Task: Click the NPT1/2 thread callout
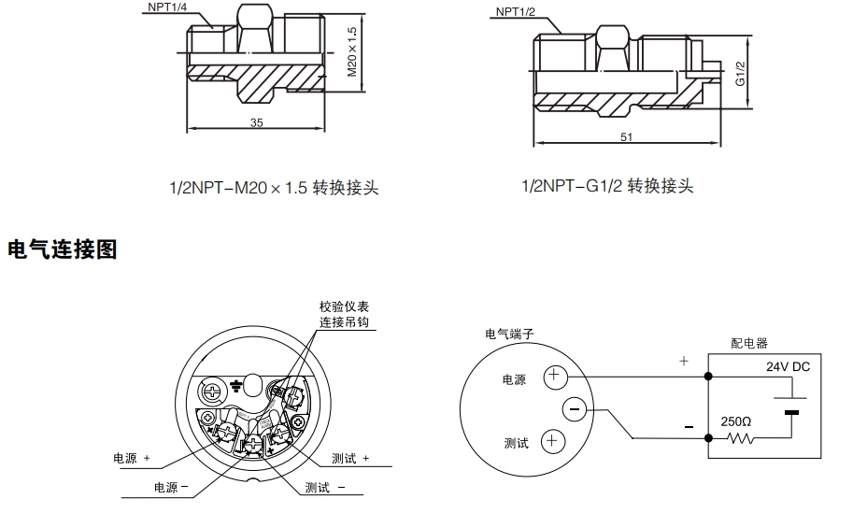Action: pyautogui.click(x=516, y=12)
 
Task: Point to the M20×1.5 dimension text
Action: pyautogui.click(x=352, y=51)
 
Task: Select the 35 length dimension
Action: pyautogui.click(x=256, y=122)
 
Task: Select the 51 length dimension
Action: pyautogui.click(x=627, y=137)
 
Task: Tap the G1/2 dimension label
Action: pyautogui.click(x=739, y=73)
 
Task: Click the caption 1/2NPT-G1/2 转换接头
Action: pyautogui.click(x=608, y=185)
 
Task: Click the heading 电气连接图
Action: pyautogui.click(x=63, y=249)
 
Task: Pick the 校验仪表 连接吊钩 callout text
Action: pyautogui.click(x=344, y=315)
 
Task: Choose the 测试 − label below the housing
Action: pyautogui.click(x=325, y=488)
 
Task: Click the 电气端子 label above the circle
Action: pyautogui.click(x=509, y=334)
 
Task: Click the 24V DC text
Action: pyautogui.click(x=788, y=367)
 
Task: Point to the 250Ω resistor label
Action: pyautogui.click(x=735, y=421)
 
